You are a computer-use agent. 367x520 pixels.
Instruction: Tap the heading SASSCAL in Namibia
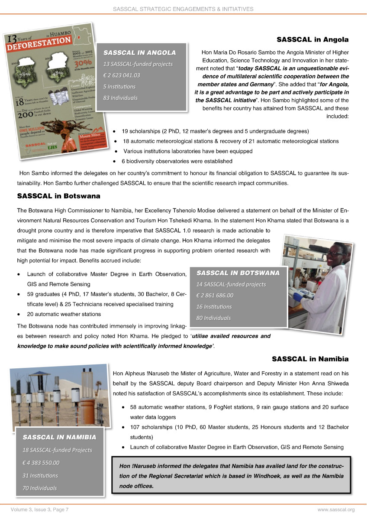click(310, 359)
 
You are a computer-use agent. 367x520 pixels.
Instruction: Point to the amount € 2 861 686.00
click(215, 296)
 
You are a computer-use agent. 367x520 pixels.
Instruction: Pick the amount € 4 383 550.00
click(41, 463)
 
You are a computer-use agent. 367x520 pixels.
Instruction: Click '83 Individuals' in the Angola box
click(120, 97)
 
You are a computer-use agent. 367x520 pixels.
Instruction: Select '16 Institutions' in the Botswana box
click(214, 306)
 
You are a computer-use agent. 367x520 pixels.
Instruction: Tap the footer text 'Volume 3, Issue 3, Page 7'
click(37, 510)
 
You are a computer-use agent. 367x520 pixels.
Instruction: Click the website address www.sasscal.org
click(336, 510)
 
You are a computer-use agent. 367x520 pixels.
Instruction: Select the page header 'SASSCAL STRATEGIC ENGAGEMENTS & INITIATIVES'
click(183, 9)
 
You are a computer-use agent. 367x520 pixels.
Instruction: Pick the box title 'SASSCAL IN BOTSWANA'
click(238, 273)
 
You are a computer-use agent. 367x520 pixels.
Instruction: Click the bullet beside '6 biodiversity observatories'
click(114, 162)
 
